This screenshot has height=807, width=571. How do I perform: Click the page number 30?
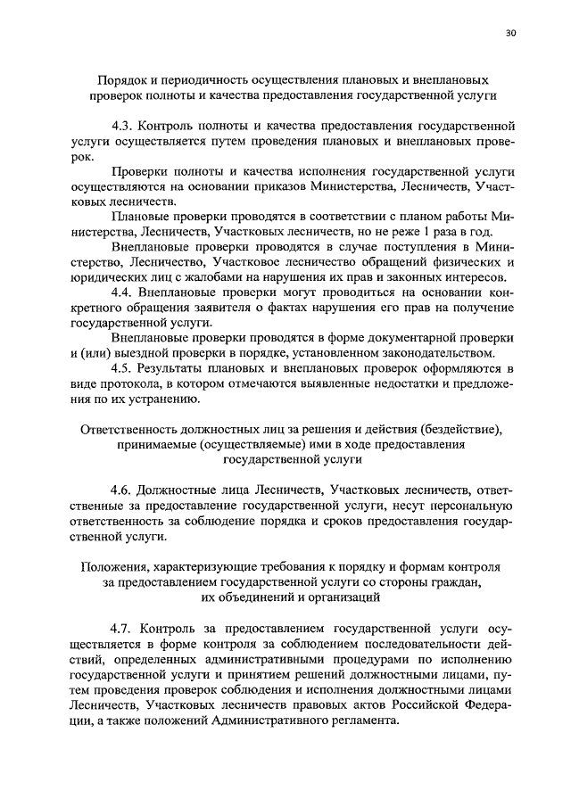pyautogui.click(x=510, y=33)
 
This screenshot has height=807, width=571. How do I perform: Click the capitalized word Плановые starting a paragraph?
pyautogui.click(x=138, y=217)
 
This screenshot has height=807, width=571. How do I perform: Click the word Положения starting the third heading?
pyautogui.click(x=113, y=566)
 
